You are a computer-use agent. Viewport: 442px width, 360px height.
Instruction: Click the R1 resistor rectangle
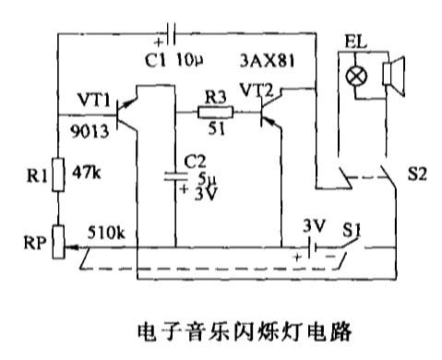(x=57, y=174)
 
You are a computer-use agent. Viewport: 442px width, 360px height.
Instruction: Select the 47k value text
(x=90, y=171)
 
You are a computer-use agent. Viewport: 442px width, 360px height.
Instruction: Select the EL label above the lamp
(x=352, y=42)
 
